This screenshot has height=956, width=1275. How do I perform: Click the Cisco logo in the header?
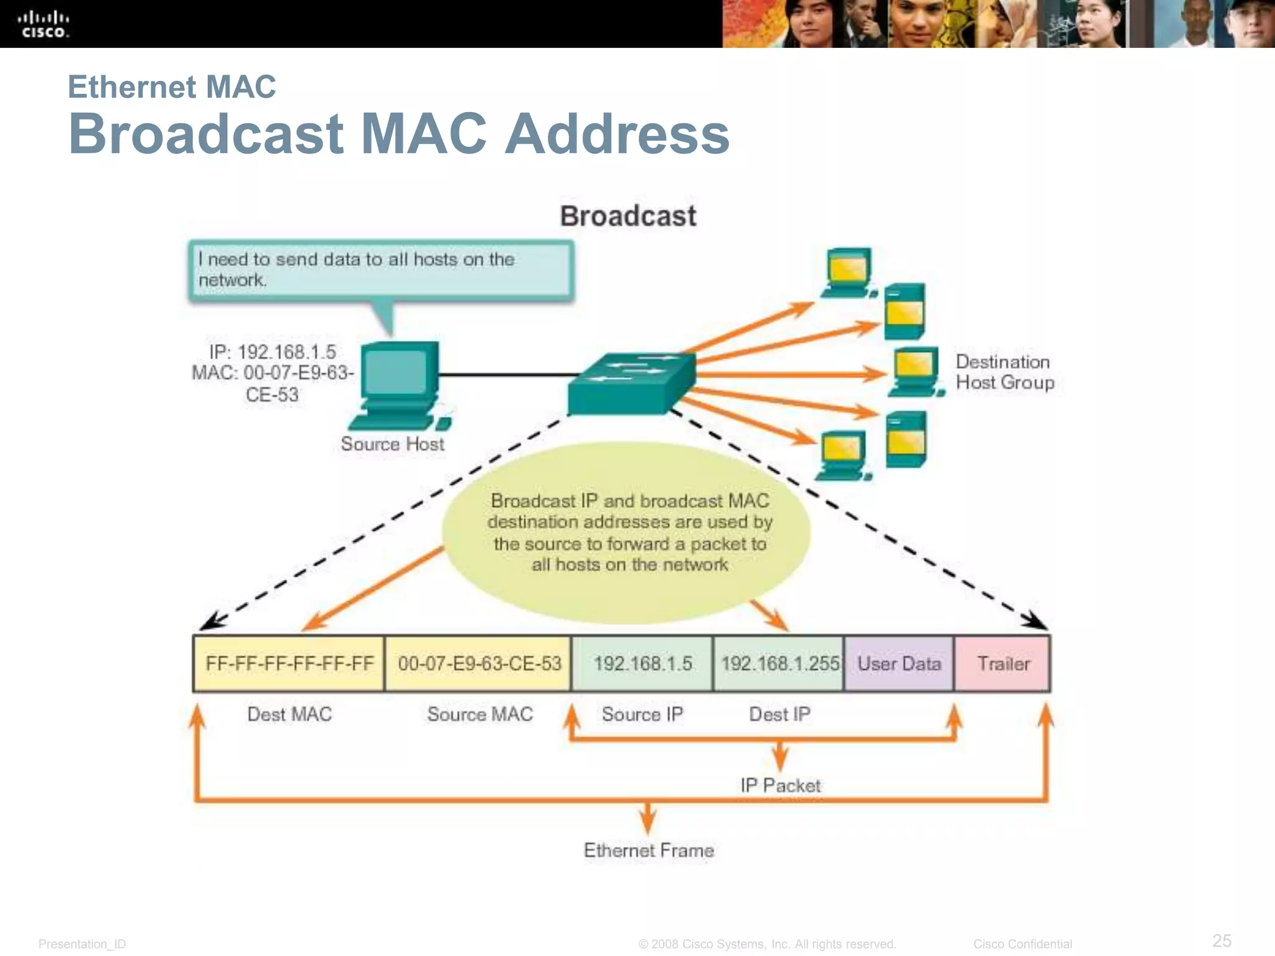43,24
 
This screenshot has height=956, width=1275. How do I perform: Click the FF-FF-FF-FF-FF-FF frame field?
289,663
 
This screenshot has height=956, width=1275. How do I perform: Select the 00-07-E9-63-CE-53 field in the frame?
479,663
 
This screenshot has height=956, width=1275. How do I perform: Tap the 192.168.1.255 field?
779,663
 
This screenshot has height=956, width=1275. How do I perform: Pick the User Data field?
899,663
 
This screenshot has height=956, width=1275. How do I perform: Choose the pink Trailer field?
1003,663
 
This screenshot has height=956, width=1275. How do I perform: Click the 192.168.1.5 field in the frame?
642,663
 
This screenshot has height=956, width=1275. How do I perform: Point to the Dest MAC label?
289,714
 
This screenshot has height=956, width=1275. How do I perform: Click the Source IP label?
642,714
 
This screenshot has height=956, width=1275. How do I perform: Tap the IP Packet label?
780,785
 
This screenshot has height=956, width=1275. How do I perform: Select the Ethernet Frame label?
648,850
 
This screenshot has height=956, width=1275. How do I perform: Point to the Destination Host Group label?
1004,372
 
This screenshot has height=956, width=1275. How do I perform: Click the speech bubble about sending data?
380,271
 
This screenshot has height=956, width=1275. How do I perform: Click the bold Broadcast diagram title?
628,216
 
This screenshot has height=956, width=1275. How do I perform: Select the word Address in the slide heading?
616,134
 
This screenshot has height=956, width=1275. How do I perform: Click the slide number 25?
1221,940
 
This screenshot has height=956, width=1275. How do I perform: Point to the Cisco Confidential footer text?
1022,944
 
